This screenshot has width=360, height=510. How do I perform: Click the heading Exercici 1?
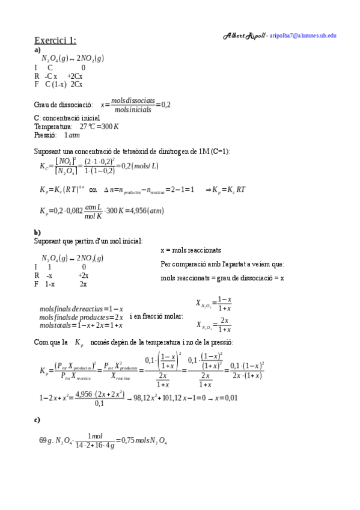pyautogui.click(x=55, y=40)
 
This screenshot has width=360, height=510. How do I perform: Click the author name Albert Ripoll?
pyautogui.click(x=244, y=35)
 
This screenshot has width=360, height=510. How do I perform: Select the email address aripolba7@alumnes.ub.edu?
pyautogui.click(x=303, y=35)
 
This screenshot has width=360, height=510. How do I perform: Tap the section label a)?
pyautogui.click(x=37, y=51)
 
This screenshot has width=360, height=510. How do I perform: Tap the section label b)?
pyautogui.click(x=37, y=232)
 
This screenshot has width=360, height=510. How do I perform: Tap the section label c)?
pyautogui.click(x=37, y=419)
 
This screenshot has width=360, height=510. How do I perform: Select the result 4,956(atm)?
pyautogui.click(x=147, y=211)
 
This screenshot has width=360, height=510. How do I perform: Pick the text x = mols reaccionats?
pyautogui.click(x=191, y=250)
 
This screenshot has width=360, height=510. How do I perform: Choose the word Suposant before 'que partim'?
pyautogui.click(x=47, y=241)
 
